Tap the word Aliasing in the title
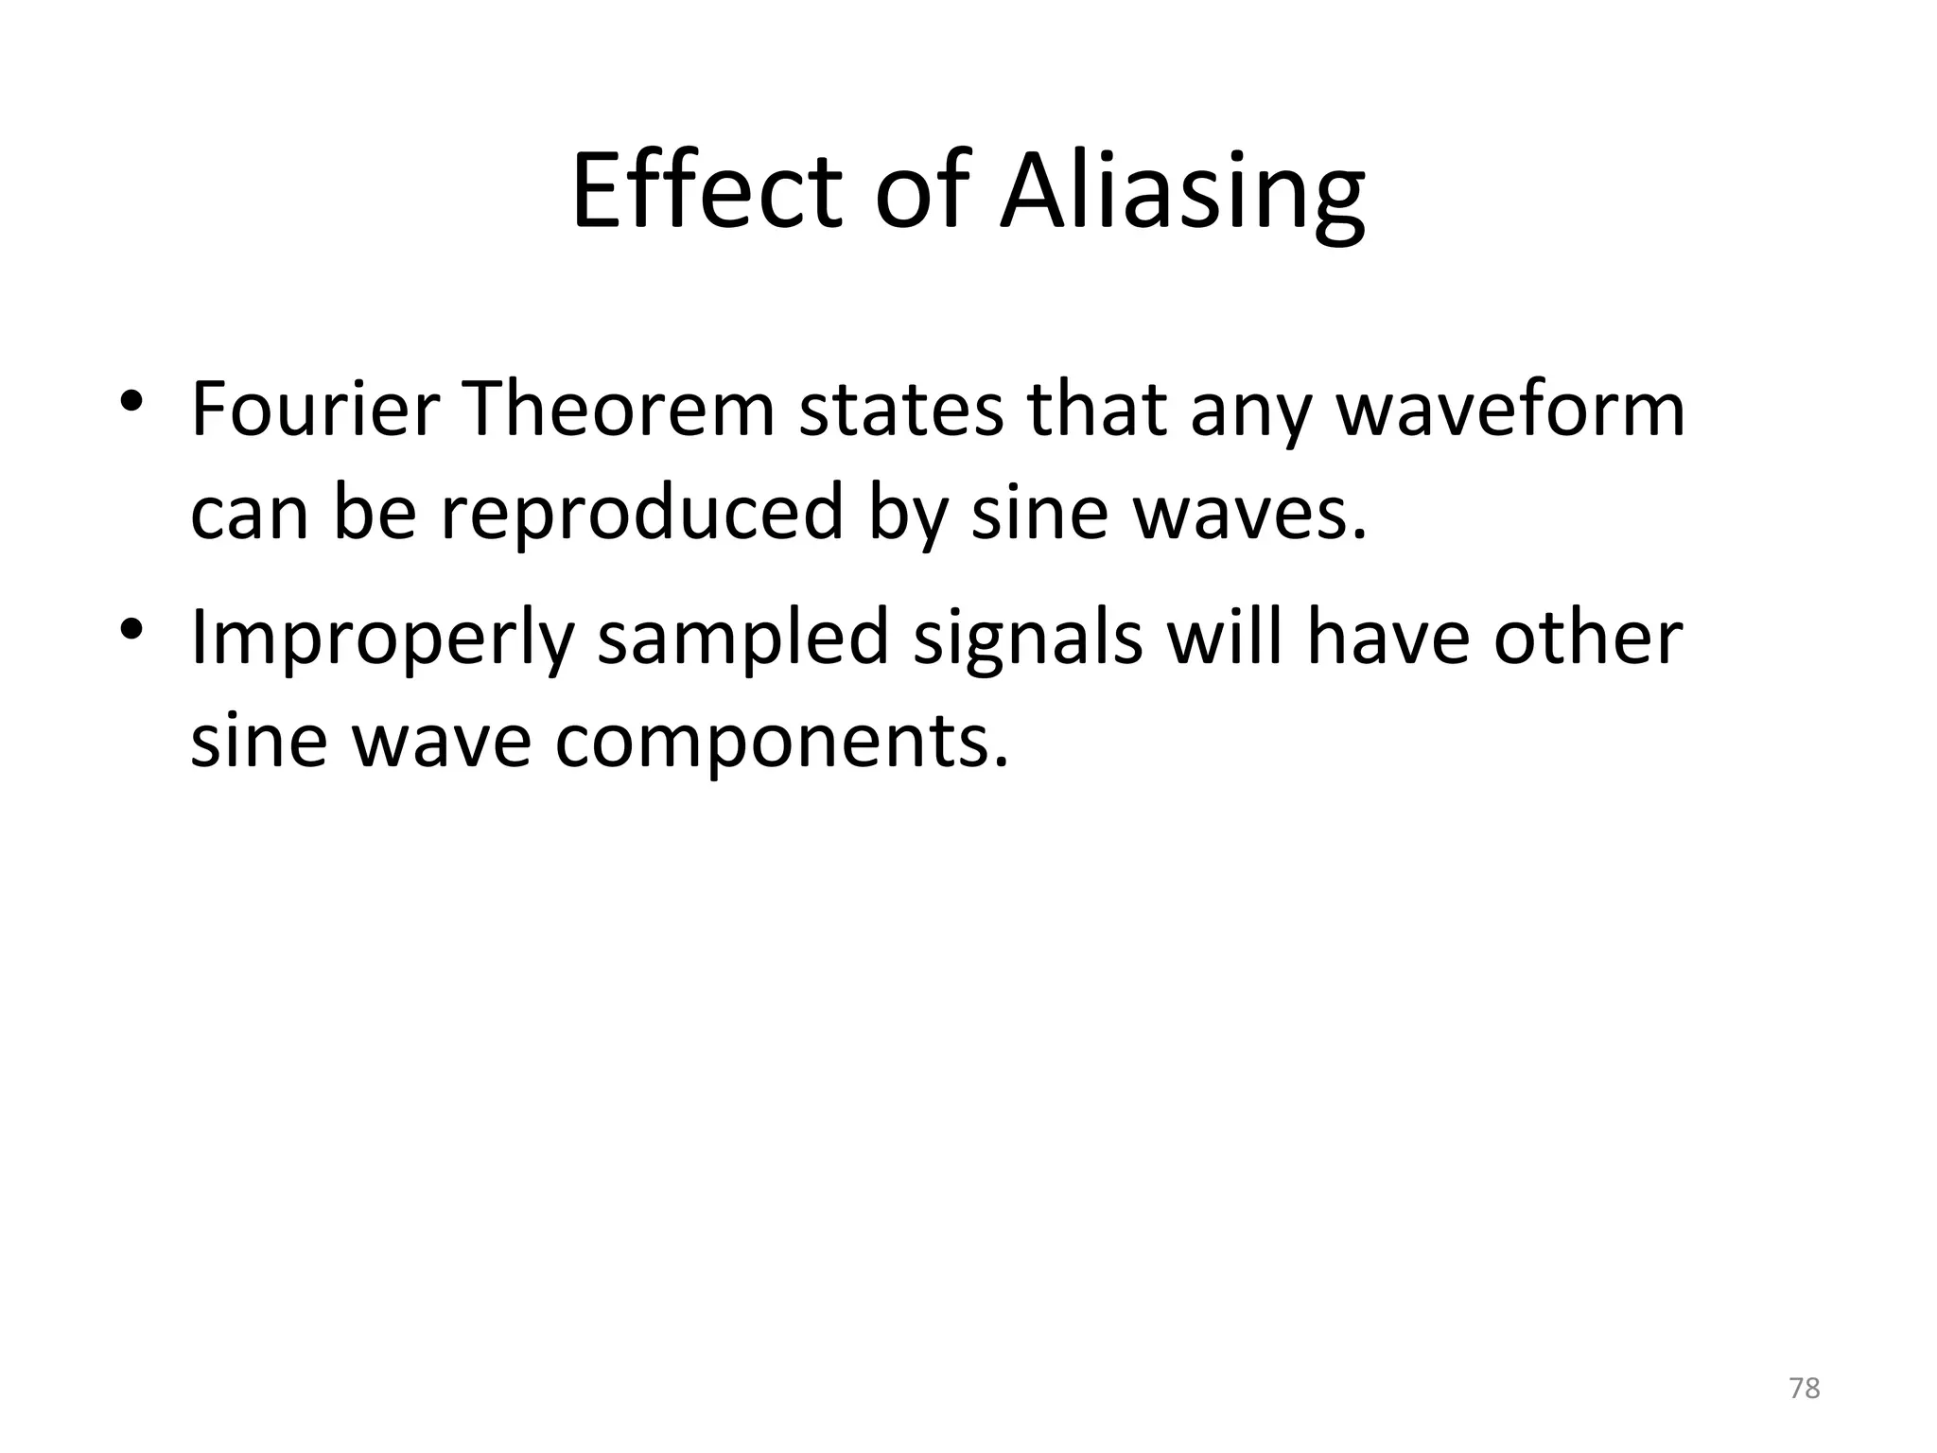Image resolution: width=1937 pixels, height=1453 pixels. pos(1182,194)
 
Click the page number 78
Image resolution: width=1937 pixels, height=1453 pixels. pos(1805,1388)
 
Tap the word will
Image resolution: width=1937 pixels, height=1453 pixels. pos(1224,636)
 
